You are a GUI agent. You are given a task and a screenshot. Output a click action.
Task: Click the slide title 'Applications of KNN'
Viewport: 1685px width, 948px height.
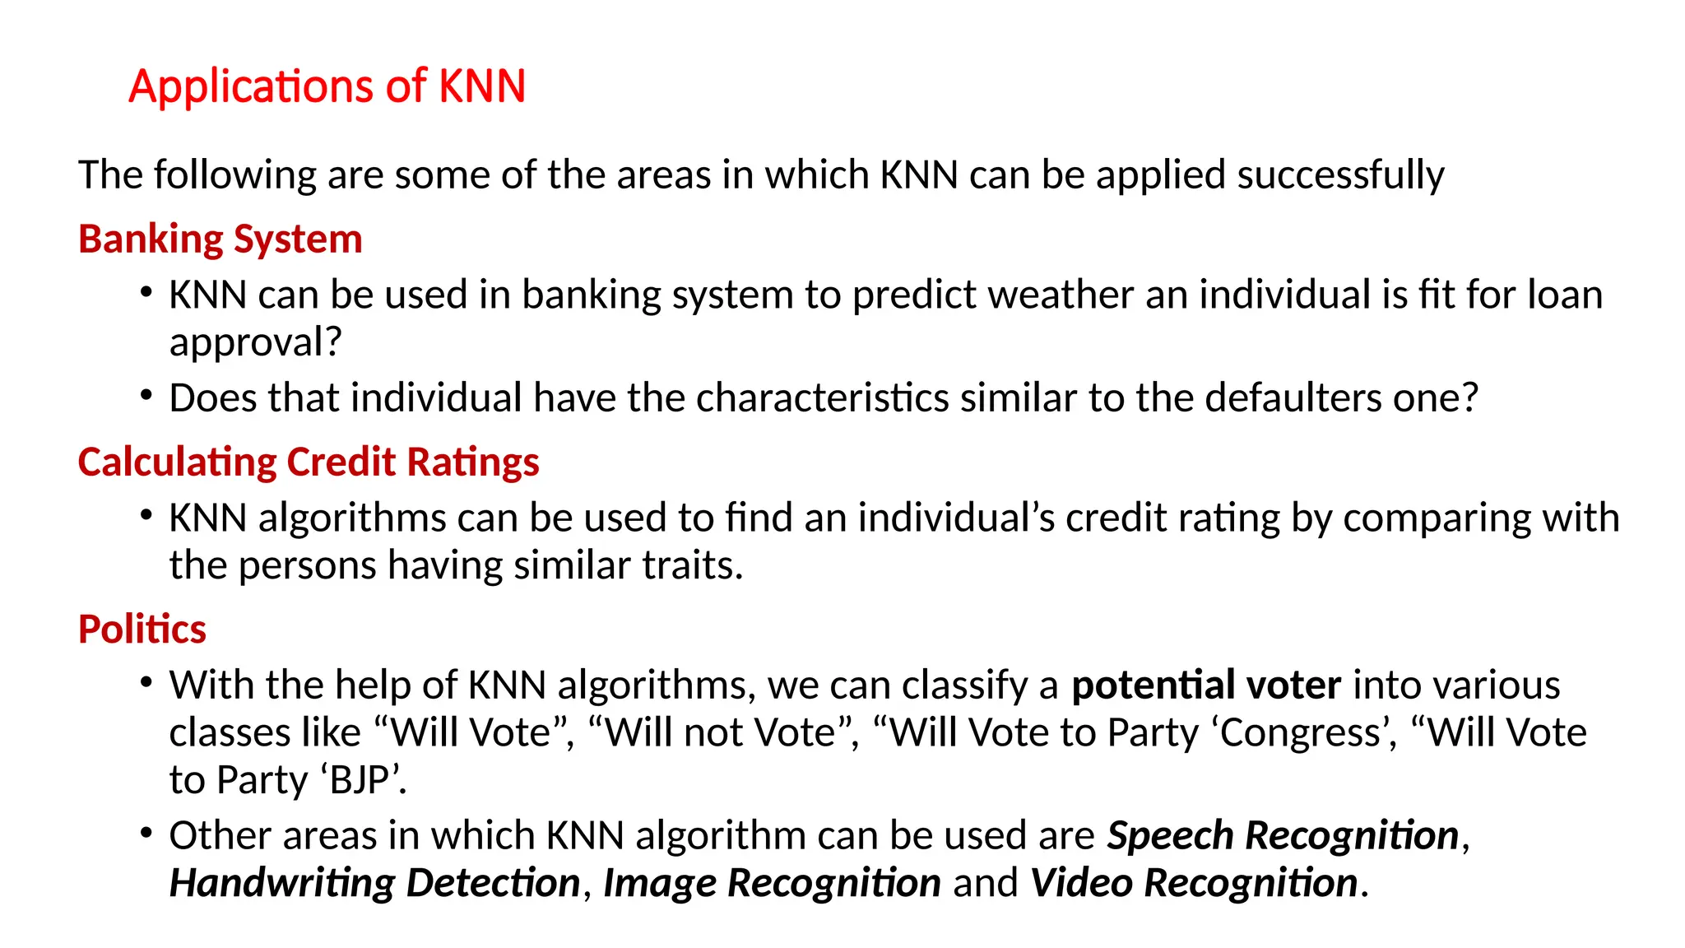tap(327, 86)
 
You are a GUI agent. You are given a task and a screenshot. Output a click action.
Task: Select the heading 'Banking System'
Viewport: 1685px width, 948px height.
tap(220, 239)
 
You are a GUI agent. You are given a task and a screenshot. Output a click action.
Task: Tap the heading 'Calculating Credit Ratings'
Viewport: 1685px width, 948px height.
tap(309, 462)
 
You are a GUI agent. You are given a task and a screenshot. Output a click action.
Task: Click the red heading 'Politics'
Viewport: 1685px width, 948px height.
tap(142, 630)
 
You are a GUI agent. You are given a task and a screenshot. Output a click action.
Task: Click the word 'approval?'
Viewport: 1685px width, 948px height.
tap(255, 342)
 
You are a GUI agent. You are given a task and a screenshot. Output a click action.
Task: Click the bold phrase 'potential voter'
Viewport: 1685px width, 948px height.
tap(1206, 685)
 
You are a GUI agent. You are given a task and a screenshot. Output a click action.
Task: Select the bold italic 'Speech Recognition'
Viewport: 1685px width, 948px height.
tap(1283, 836)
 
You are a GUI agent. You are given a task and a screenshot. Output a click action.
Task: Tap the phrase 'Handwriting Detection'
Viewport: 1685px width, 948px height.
tap(375, 884)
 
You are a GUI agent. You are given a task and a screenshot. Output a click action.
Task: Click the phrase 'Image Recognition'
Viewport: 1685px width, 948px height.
tap(772, 884)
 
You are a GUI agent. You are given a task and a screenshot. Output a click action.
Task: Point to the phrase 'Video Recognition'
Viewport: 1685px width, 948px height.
tap(1194, 884)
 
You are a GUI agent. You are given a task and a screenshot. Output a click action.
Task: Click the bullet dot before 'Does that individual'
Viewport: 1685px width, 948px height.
tap(146, 396)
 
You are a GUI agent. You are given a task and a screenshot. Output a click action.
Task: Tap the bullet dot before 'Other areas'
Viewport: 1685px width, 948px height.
tap(146, 834)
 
